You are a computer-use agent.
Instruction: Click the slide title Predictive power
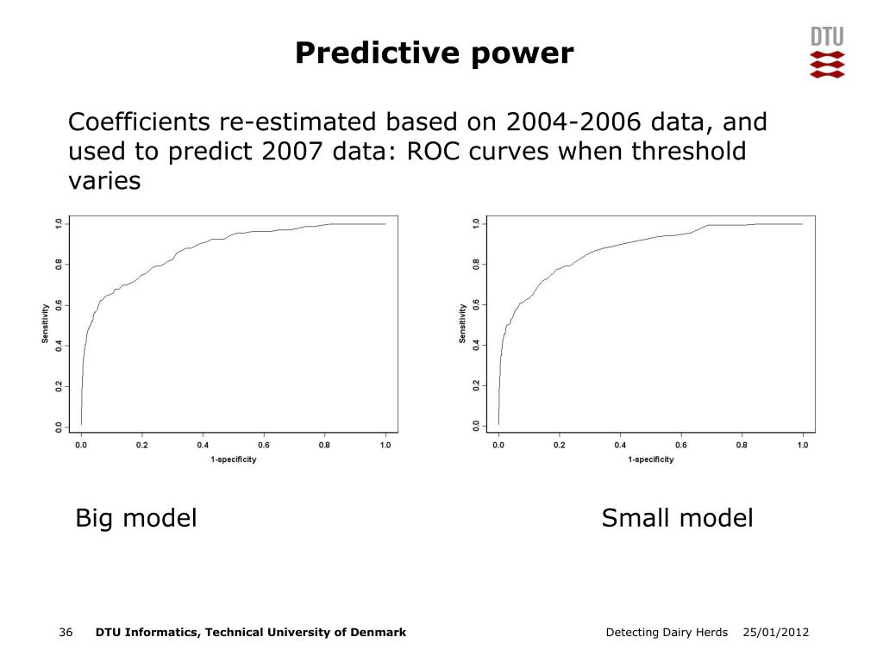tap(434, 53)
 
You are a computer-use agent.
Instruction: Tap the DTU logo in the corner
tap(827, 53)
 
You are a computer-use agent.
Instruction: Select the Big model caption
tap(136, 518)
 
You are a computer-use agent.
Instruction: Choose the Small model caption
tap(677, 518)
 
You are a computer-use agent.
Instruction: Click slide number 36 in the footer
tap(66, 633)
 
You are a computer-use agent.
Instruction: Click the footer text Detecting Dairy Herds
tap(667, 633)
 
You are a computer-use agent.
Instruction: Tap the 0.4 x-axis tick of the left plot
tap(203, 446)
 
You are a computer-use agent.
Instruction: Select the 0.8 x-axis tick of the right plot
tap(742, 446)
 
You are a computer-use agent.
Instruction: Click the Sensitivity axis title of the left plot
tap(45, 324)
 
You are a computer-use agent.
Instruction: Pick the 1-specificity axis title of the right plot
tap(651, 459)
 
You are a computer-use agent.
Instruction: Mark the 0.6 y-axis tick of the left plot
tap(59, 304)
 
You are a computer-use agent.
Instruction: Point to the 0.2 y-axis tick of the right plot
tap(476, 386)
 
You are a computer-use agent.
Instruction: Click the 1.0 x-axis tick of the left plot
tap(385, 446)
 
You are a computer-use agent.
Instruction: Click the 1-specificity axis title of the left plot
tap(234, 459)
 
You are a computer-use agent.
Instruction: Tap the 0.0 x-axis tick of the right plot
tap(498, 446)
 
